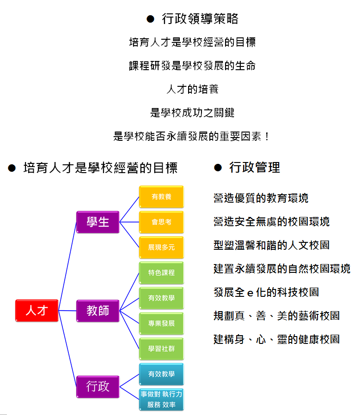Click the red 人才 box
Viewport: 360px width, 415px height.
tap(37, 311)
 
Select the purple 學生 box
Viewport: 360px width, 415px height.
tap(98, 222)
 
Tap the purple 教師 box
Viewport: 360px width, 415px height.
tap(98, 311)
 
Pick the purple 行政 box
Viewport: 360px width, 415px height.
tap(98, 386)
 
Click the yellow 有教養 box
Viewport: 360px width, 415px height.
tap(161, 197)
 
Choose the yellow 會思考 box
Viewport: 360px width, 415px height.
tap(161, 222)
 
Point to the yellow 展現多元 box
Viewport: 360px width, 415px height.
tap(161, 247)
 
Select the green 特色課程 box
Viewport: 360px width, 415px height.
tap(161, 273)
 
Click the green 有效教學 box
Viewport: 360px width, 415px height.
tap(161, 298)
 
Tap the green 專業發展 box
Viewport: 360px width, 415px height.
tap(161, 324)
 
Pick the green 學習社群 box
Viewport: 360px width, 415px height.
tap(161, 349)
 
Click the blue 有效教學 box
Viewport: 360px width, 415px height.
tap(161, 374)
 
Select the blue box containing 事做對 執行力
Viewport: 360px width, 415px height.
tap(161, 399)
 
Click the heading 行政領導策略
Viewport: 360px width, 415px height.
tap(200, 19)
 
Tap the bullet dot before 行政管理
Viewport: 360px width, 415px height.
tap(218, 168)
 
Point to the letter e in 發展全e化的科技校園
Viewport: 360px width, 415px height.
tap(250, 293)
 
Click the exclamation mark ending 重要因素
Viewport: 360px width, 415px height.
tap(267, 136)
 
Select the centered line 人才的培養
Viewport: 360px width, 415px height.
tap(193, 89)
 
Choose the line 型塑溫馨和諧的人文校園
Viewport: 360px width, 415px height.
tap(272, 245)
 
